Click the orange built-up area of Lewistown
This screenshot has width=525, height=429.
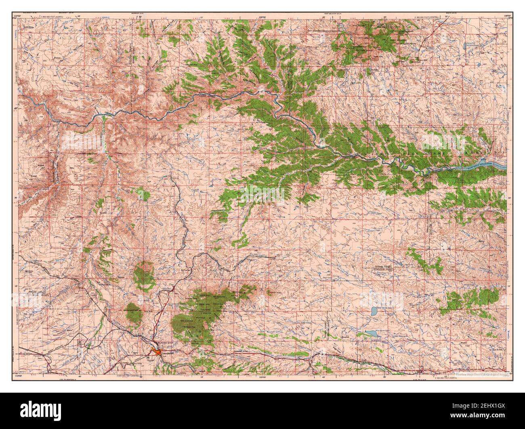click(155, 352)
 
